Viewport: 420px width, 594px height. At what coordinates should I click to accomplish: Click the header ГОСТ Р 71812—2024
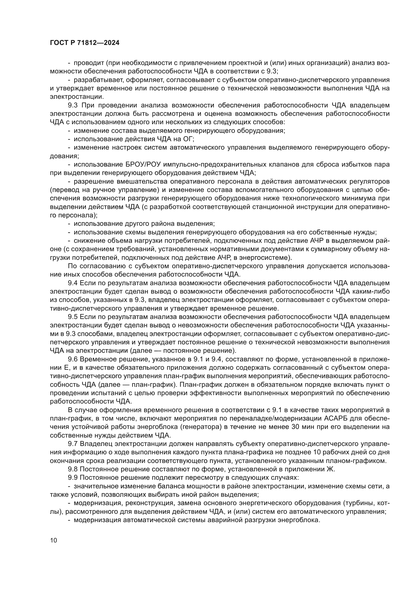click(85, 43)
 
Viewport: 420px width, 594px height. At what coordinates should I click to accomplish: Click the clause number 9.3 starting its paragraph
click(73, 105)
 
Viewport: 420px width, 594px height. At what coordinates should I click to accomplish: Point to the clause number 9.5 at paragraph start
click(73, 317)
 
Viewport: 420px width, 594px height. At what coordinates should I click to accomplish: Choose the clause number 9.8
click(73, 469)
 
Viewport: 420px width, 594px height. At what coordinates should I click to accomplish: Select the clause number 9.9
click(73, 478)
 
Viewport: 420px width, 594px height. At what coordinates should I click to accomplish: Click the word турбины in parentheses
click(359, 503)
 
